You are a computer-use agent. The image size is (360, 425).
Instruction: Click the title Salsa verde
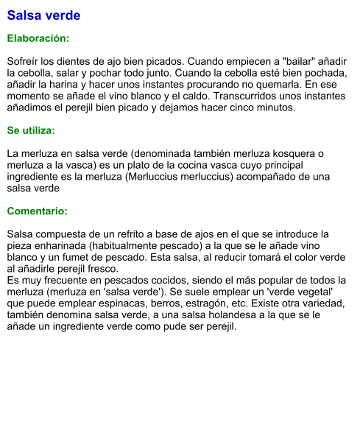click(x=43, y=15)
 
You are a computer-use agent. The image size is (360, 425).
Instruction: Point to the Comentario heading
click(x=37, y=211)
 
